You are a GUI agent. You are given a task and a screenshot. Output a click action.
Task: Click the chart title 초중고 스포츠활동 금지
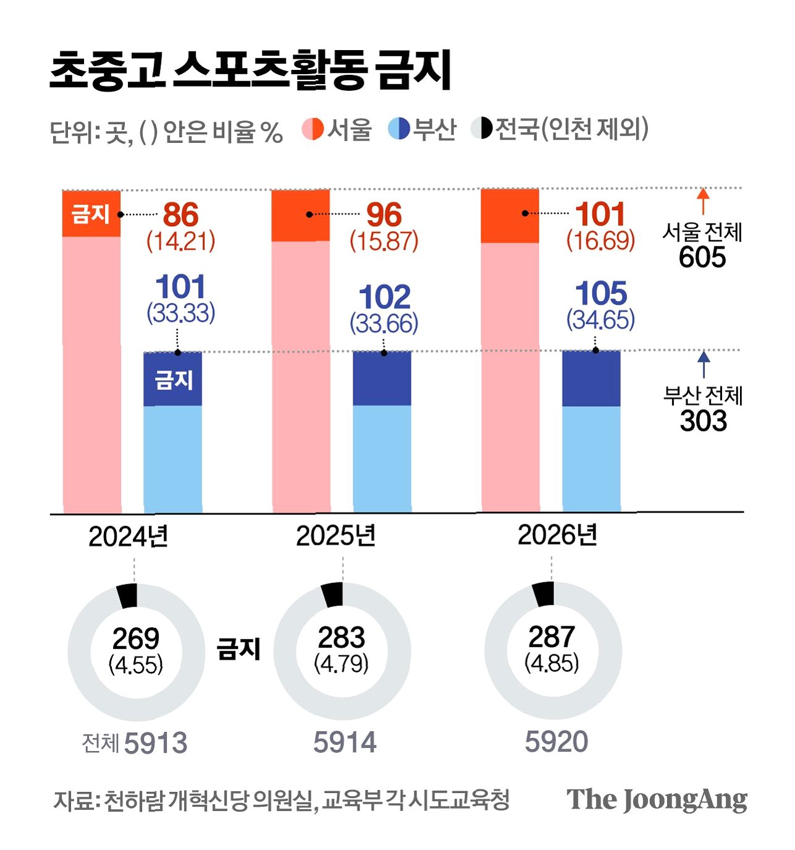click(x=250, y=70)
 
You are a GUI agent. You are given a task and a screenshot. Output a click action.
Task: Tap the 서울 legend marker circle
click(x=313, y=129)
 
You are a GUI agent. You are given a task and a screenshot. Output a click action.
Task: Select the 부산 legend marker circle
click(x=399, y=129)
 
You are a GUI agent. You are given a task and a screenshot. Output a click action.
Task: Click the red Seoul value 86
click(x=180, y=215)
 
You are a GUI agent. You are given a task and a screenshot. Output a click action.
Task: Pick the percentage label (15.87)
click(x=384, y=241)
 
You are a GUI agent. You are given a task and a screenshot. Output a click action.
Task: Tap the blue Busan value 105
click(x=601, y=293)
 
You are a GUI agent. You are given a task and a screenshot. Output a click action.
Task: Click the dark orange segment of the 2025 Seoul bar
click(x=301, y=215)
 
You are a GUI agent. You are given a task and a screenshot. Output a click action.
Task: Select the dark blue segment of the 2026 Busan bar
click(x=591, y=378)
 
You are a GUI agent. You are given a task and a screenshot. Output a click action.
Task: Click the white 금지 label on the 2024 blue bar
click(x=174, y=380)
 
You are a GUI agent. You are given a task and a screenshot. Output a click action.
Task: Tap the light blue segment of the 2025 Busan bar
click(x=382, y=459)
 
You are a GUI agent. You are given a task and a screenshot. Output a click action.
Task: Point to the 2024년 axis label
click(x=128, y=537)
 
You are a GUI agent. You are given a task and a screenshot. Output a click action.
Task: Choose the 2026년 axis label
click(x=558, y=535)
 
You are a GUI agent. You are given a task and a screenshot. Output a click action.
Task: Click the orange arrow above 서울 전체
click(x=702, y=202)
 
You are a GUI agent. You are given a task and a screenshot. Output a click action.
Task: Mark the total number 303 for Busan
click(x=703, y=420)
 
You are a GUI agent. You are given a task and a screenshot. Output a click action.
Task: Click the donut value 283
click(x=341, y=637)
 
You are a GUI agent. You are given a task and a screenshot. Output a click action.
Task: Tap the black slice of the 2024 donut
click(x=127, y=595)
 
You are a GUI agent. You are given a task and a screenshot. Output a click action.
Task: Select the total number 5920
click(x=556, y=742)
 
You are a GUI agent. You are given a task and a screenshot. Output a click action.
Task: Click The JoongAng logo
click(x=657, y=799)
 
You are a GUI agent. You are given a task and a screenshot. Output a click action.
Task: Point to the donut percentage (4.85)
click(x=552, y=663)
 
